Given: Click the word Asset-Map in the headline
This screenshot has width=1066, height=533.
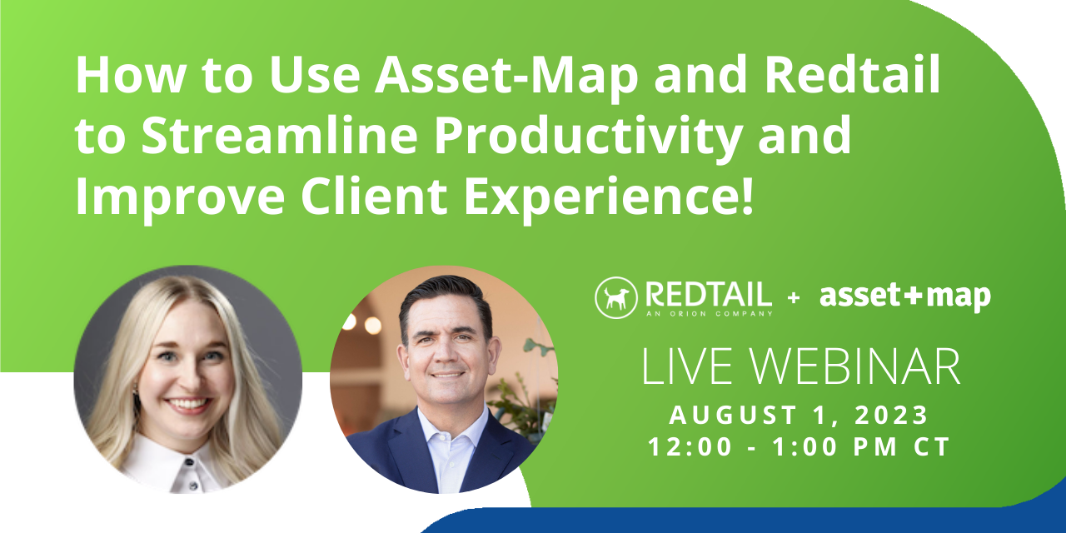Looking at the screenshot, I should [x=506, y=77].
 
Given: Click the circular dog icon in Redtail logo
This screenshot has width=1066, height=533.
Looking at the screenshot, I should [x=616, y=297].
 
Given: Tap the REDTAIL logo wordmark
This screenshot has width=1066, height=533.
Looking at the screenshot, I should [x=708, y=294].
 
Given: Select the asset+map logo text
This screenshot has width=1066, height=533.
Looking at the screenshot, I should [x=905, y=296].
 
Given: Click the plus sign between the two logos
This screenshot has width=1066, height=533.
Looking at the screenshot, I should [x=793, y=297].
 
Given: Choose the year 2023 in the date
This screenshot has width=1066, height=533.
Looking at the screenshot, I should [x=889, y=414].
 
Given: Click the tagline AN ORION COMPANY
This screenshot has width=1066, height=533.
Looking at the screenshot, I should [x=707, y=313].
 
